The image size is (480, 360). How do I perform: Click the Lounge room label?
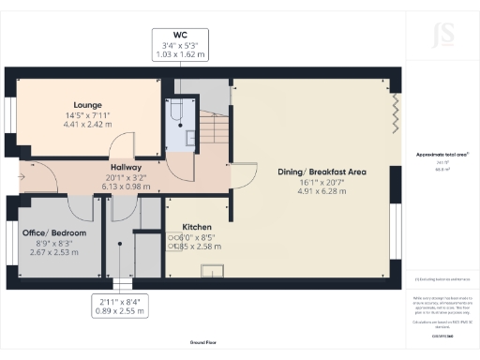[89, 104]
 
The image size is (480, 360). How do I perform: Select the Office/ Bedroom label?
[55, 232]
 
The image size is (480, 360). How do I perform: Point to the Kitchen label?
[197, 227]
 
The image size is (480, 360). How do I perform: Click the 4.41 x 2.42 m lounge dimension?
[89, 124]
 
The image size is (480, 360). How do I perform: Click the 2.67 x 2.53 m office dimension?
[55, 252]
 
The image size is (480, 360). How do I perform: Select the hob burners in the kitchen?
[175, 244]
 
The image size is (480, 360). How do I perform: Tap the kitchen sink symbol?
[208, 273]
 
